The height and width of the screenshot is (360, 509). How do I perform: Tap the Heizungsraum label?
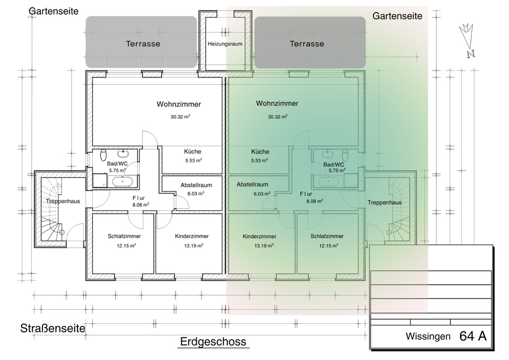[225, 44]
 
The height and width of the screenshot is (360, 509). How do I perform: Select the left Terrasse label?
[143, 43]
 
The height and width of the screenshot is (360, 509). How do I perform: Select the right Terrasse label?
[307, 43]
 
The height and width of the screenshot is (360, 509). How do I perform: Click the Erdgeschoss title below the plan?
[213, 341]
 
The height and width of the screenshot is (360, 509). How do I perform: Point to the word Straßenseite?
[53, 328]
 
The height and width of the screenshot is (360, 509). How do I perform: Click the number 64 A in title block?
[473, 336]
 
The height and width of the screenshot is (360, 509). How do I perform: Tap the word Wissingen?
[428, 336]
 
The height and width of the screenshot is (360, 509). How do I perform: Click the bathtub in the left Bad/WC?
[123, 182]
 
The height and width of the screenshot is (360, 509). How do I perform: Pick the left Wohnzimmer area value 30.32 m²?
[180, 117]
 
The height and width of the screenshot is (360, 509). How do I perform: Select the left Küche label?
[192, 151]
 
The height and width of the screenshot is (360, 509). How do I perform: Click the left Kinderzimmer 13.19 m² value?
[191, 245]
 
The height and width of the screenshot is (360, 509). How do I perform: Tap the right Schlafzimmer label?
[327, 236]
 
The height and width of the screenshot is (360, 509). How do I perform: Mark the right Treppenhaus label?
[384, 203]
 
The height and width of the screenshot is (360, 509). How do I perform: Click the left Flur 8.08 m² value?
[140, 204]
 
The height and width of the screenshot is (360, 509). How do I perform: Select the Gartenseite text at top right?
[397, 16]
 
